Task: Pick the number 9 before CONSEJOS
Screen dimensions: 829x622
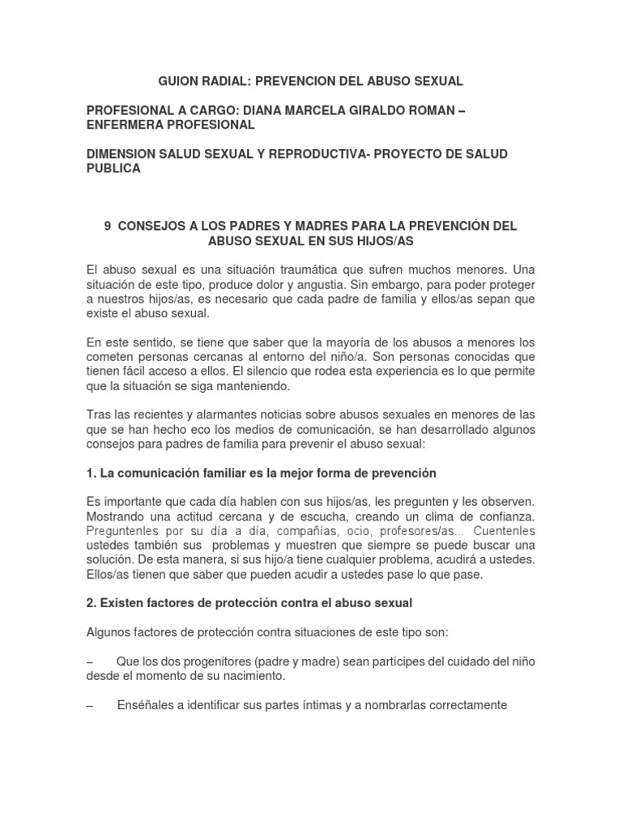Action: tap(108, 227)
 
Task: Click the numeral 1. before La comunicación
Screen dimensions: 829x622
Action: tap(91, 473)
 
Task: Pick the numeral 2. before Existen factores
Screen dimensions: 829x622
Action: tap(91, 604)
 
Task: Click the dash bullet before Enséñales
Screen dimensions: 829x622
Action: tap(90, 705)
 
